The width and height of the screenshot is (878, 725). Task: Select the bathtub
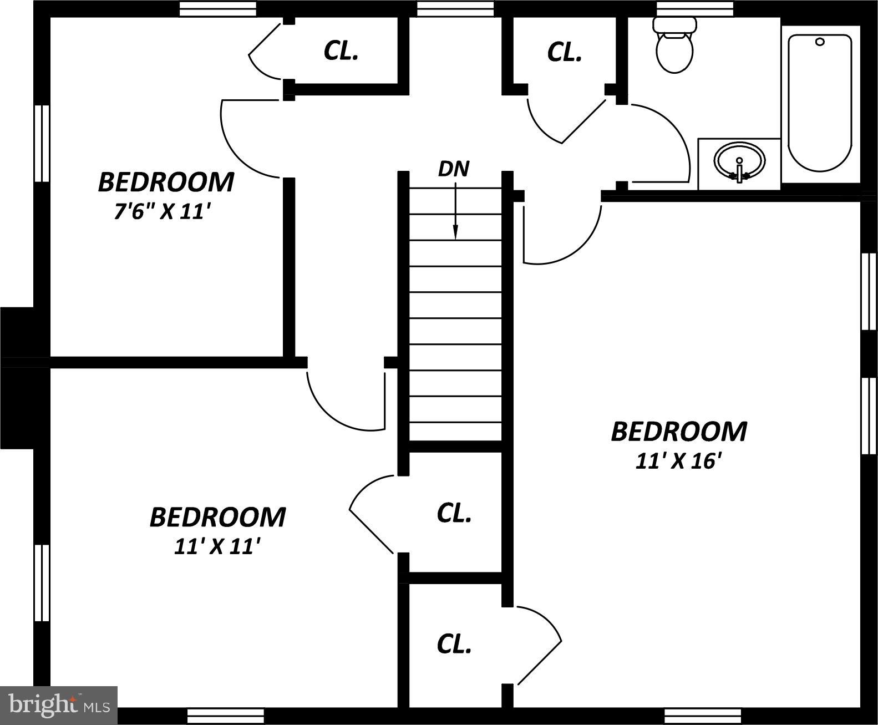point(820,103)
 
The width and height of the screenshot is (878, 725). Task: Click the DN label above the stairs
point(454,169)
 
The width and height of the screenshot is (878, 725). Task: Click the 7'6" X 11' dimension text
point(164,212)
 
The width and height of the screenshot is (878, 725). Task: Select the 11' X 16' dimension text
point(678,462)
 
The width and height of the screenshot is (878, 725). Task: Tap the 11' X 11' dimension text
point(217,547)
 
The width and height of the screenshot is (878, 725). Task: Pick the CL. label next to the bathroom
point(564,52)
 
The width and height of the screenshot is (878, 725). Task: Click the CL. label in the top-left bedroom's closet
point(341,51)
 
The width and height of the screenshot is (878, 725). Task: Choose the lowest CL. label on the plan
point(454,645)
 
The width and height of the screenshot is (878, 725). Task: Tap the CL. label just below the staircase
point(454,513)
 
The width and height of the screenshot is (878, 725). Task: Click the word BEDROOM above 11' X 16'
point(679,432)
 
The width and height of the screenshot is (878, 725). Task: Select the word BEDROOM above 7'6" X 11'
point(166,182)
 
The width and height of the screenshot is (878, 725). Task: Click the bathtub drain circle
point(820,42)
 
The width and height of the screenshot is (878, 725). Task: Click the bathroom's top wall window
point(695,8)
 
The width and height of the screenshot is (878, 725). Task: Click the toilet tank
point(674,24)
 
